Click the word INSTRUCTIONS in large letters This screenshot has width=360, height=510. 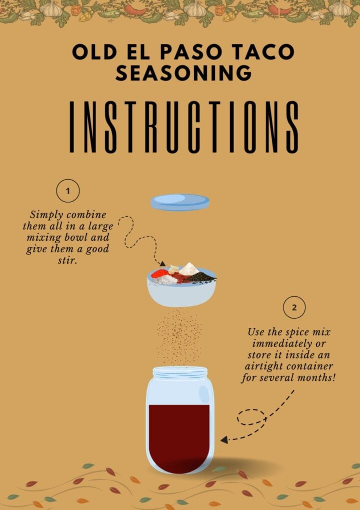click(184, 127)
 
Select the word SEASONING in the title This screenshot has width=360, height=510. click(183, 73)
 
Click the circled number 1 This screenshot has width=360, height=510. click(68, 191)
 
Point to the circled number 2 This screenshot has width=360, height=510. click(294, 307)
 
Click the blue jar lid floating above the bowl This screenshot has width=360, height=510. click(180, 202)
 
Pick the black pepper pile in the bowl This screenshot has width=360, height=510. click(201, 277)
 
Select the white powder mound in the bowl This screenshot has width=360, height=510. click(189, 269)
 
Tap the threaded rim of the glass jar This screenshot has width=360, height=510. click(180, 373)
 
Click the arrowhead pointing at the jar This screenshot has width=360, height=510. click(224, 440)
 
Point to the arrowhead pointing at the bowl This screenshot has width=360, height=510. click(162, 263)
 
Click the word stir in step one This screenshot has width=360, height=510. click(67, 261)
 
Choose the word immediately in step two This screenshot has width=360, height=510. click(280, 344)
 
